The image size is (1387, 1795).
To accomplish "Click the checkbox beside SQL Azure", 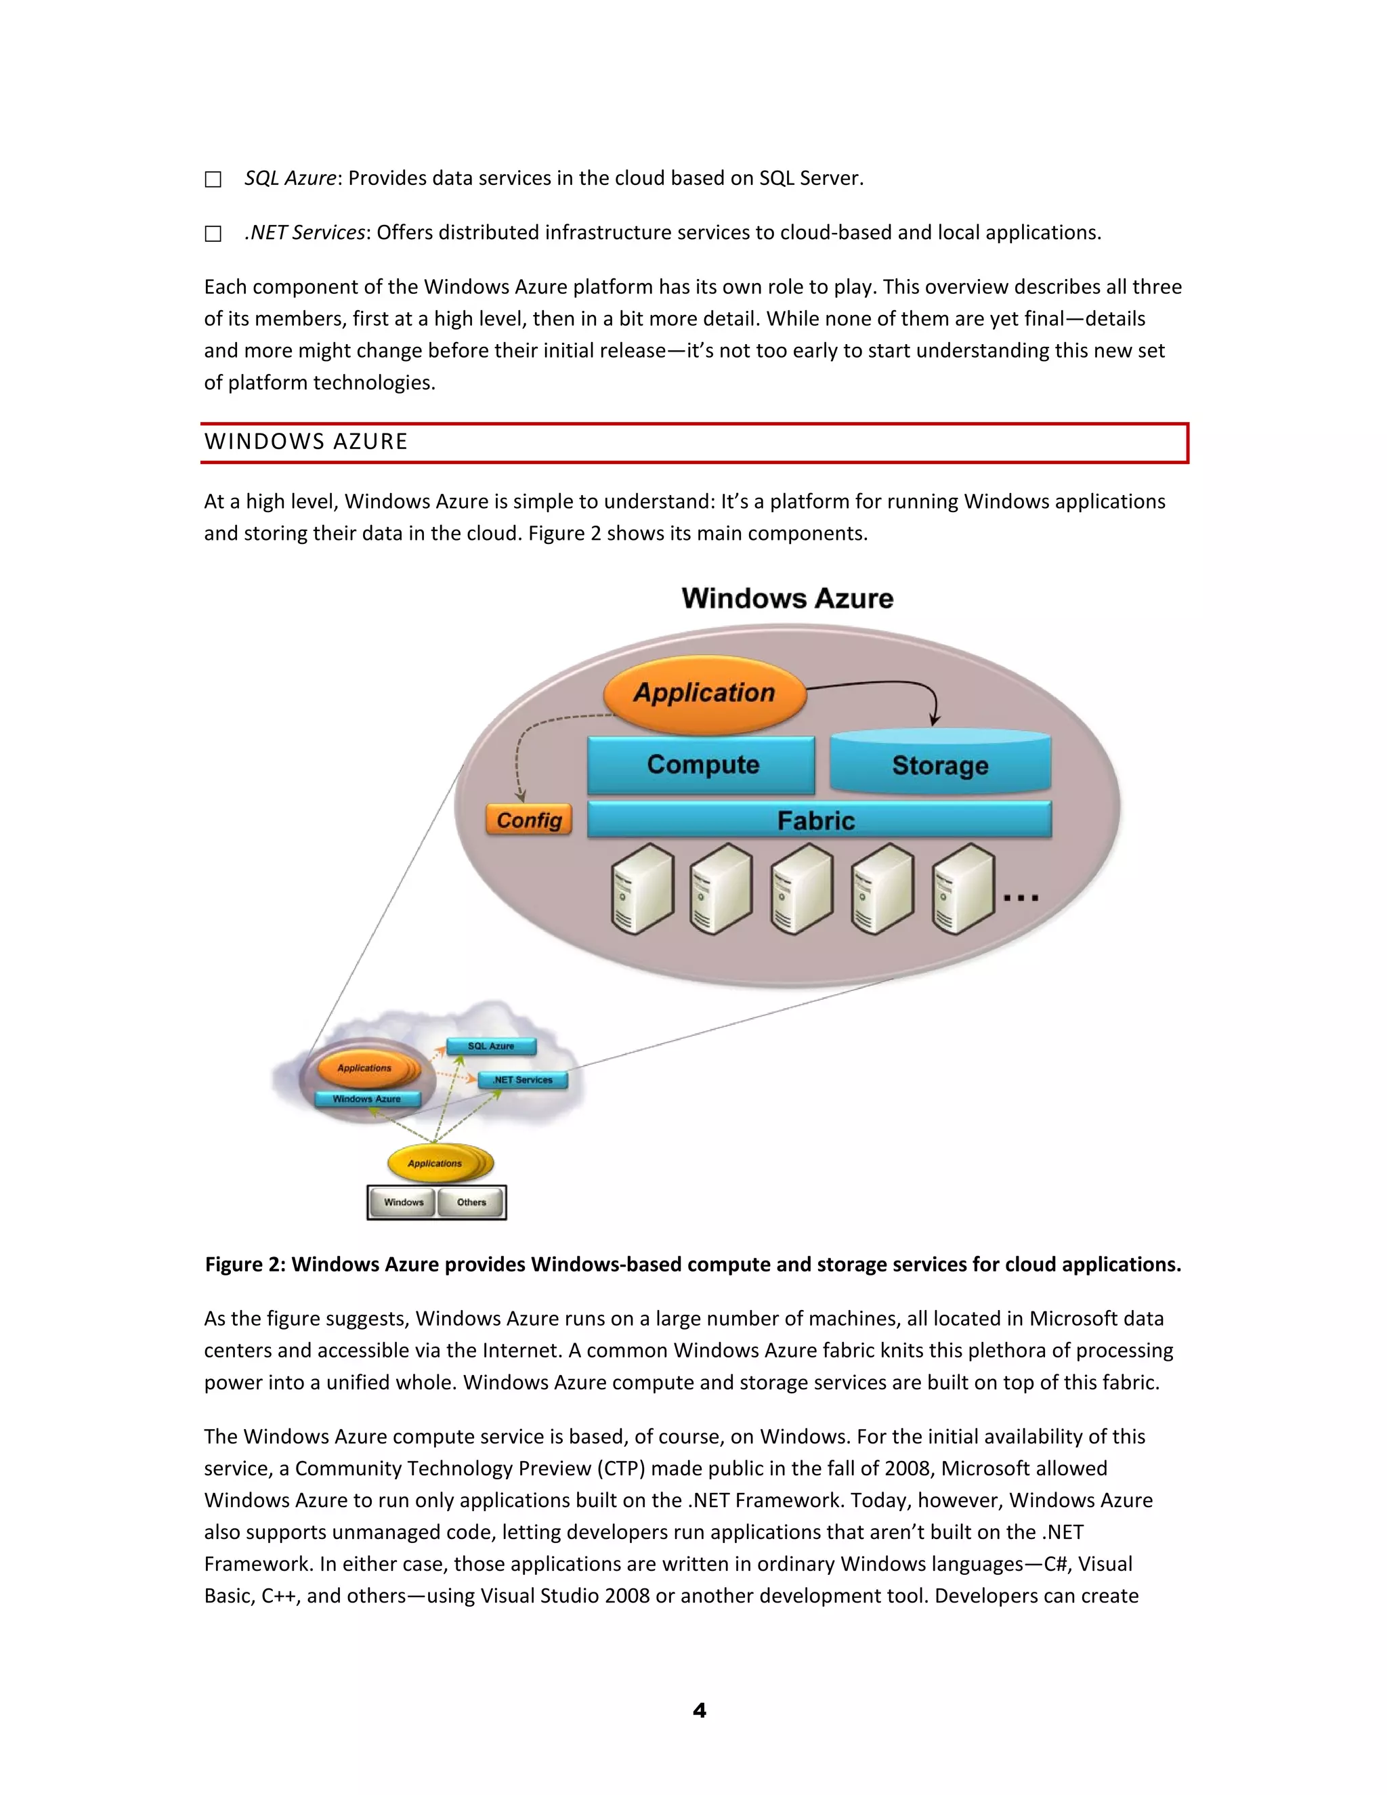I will tap(213, 179).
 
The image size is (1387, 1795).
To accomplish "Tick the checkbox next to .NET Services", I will tap(213, 234).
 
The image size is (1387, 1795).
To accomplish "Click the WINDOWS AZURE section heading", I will tap(305, 442).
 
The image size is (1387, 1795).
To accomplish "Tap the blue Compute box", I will tap(702, 764).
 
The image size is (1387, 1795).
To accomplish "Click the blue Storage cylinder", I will tap(940, 764).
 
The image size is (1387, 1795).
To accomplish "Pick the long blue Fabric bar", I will tap(818, 820).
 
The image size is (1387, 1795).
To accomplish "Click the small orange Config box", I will tap(528, 820).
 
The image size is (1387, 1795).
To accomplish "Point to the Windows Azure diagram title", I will tap(787, 598).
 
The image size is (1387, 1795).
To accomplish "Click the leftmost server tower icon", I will tap(643, 889).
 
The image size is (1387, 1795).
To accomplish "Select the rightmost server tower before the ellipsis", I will tap(963, 889).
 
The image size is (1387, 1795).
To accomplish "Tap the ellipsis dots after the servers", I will tap(1021, 898).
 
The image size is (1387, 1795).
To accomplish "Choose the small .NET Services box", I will tap(523, 1080).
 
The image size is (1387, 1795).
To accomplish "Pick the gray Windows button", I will tap(404, 1202).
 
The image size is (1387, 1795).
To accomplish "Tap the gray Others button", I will tap(471, 1202).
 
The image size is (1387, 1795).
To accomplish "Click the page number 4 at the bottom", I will tap(699, 1710).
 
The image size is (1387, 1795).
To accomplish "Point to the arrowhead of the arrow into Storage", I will tap(934, 720).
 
